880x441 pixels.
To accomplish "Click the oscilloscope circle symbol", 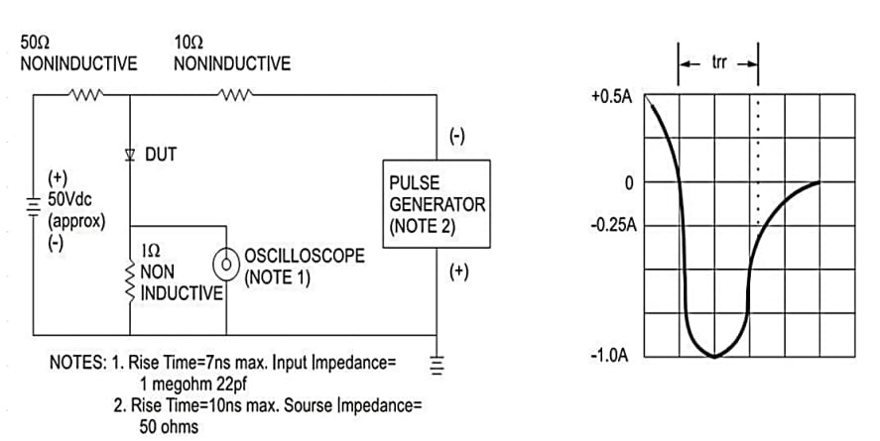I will (226, 264).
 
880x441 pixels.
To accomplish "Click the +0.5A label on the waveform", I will (611, 99).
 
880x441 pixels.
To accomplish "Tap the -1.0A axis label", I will (611, 355).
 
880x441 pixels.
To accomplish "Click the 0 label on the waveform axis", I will (627, 183).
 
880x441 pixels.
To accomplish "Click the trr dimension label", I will (719, 62).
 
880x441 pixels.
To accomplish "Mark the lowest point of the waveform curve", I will (714, 356).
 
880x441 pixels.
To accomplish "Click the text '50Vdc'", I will (69, 200).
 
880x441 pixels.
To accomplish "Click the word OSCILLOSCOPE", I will (304, 256).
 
